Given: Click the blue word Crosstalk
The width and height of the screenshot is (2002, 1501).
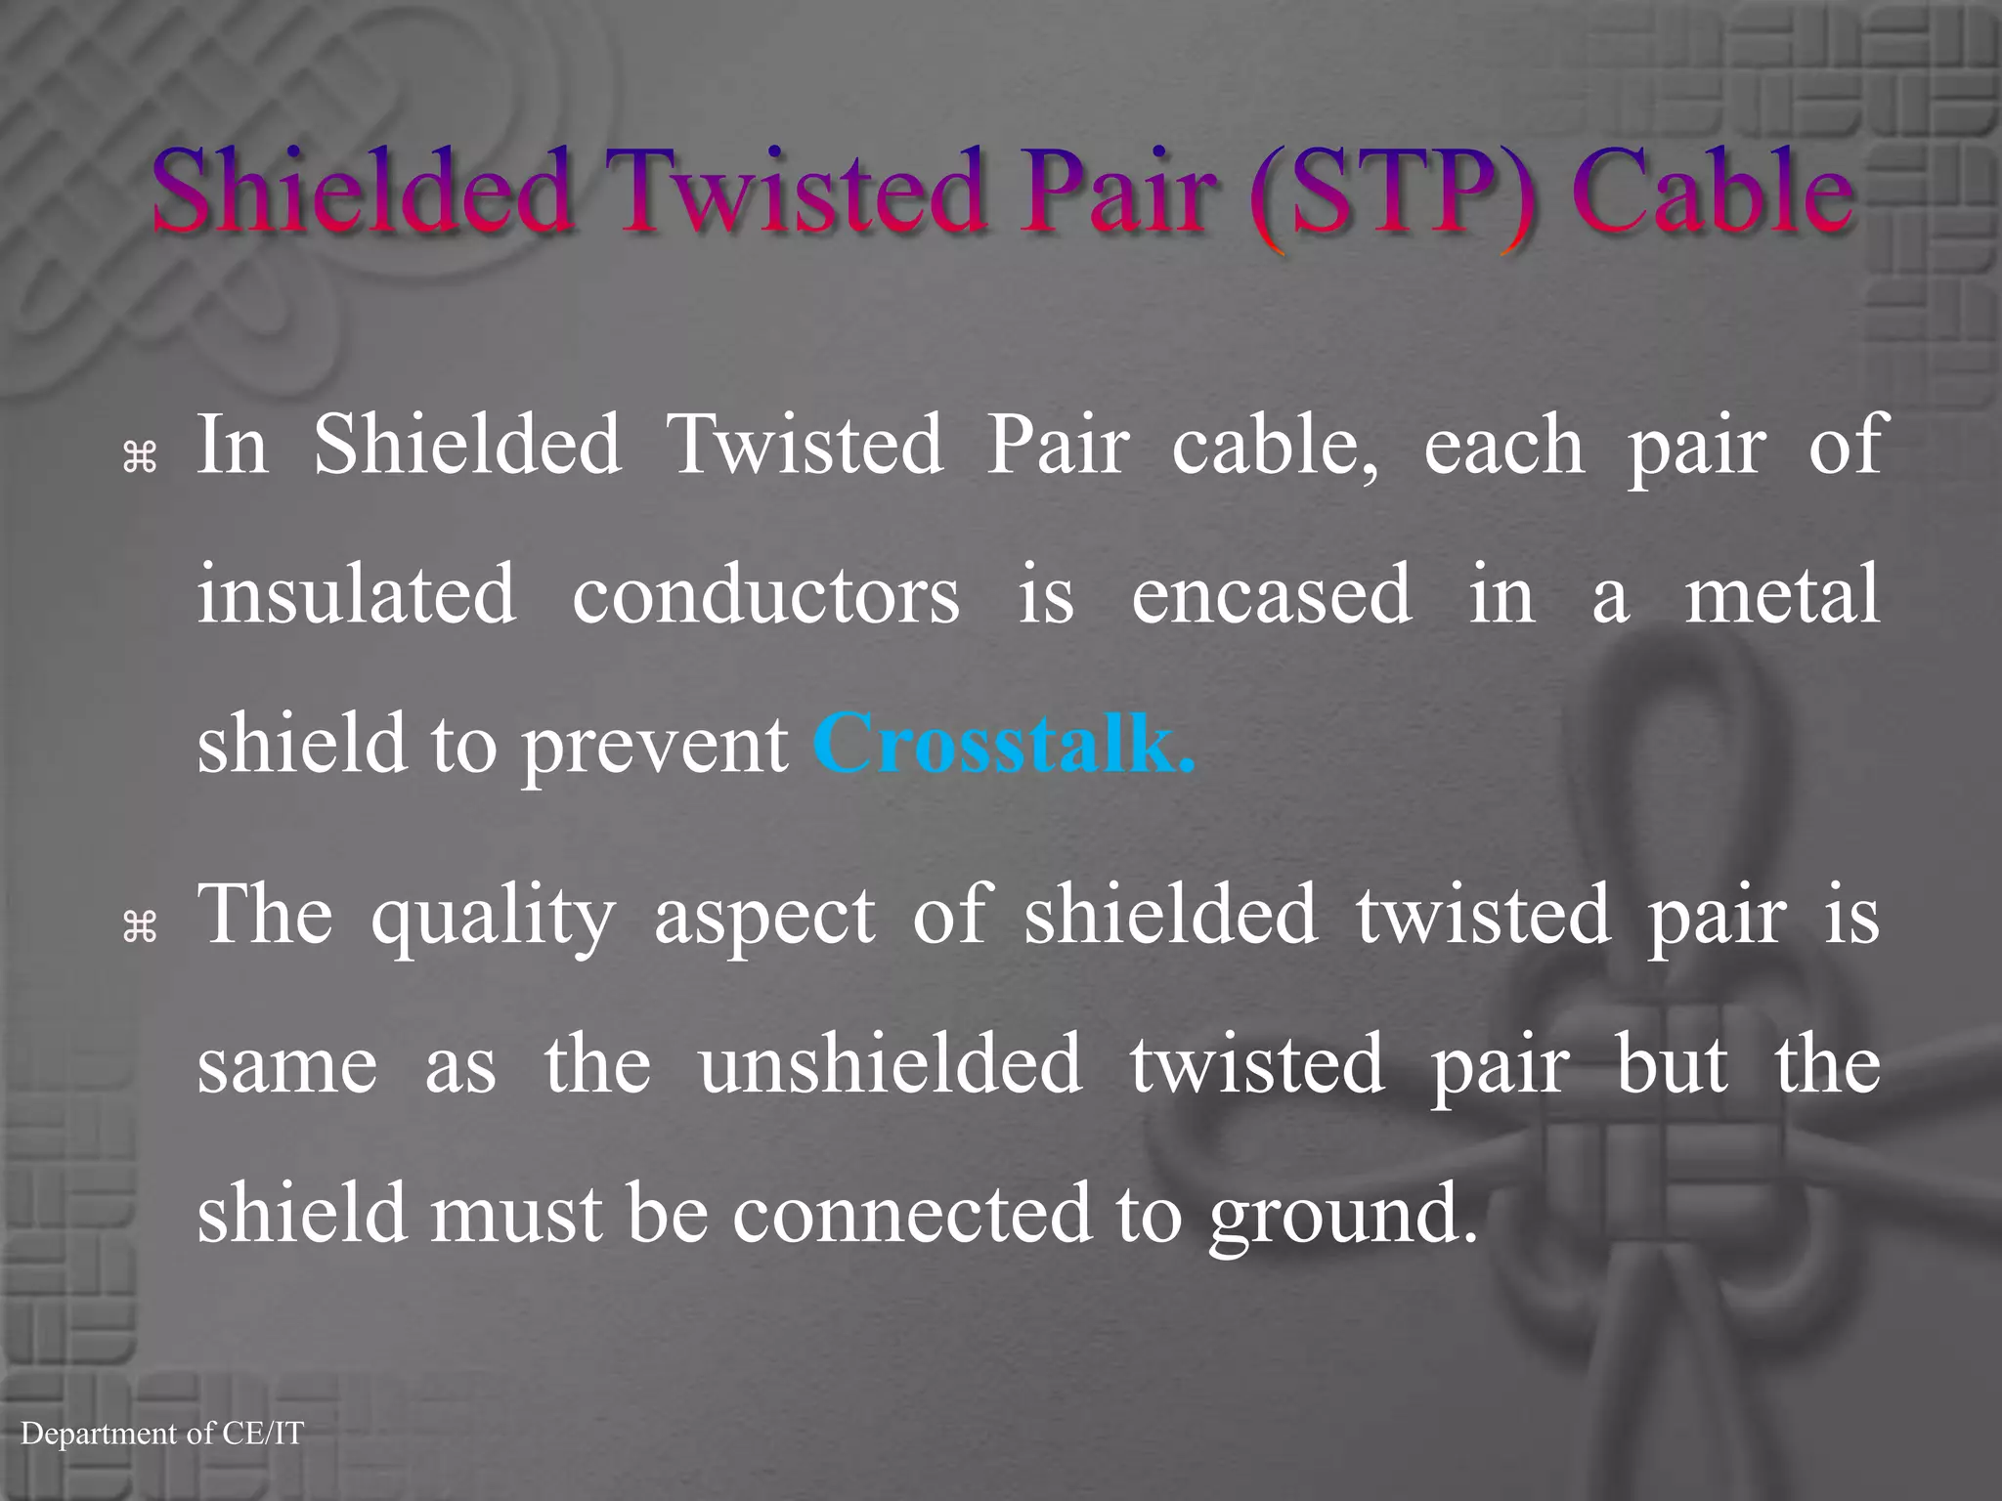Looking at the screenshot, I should pyautogui.click(x=1004, y=744).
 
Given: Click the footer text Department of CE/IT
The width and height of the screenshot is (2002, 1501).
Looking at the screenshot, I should pyautogui.click(x=162, y=1434).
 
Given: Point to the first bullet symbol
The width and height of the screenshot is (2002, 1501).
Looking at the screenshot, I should pyautogui.click(x=141, y=456).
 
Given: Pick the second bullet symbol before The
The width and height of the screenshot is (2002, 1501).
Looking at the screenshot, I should pyautogui.click(x=141, y=926).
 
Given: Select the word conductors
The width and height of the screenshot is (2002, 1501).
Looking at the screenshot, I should pyautogui.click(x=765, y=595).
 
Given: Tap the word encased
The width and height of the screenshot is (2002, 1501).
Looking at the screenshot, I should pyautogui.click(x=1271, y=595).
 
